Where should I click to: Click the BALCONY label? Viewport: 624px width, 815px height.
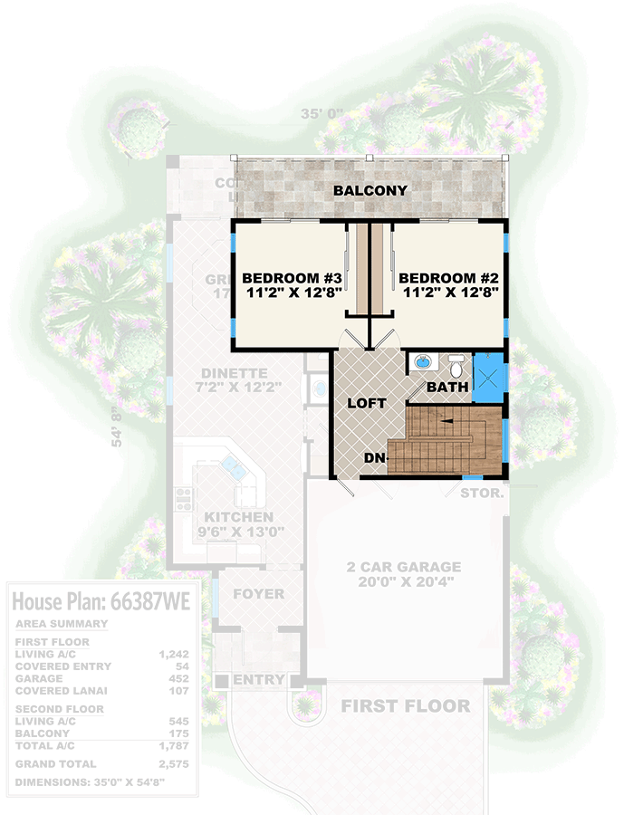(x=370, y=191)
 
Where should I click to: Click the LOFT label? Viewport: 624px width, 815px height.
(x=366, y=403)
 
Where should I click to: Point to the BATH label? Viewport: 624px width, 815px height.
(x=447, y=387)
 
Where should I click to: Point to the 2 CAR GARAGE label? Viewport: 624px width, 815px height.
(x=403, y=567)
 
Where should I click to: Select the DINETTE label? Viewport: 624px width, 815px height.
(x=235, y=373)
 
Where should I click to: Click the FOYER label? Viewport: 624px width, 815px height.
(x=258, y=594)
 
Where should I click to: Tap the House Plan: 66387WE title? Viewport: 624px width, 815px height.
(x=100, y=603)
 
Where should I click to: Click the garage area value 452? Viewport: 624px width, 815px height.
(x=178, y=678)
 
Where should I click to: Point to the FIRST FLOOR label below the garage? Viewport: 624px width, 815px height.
(x=405, y=706)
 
